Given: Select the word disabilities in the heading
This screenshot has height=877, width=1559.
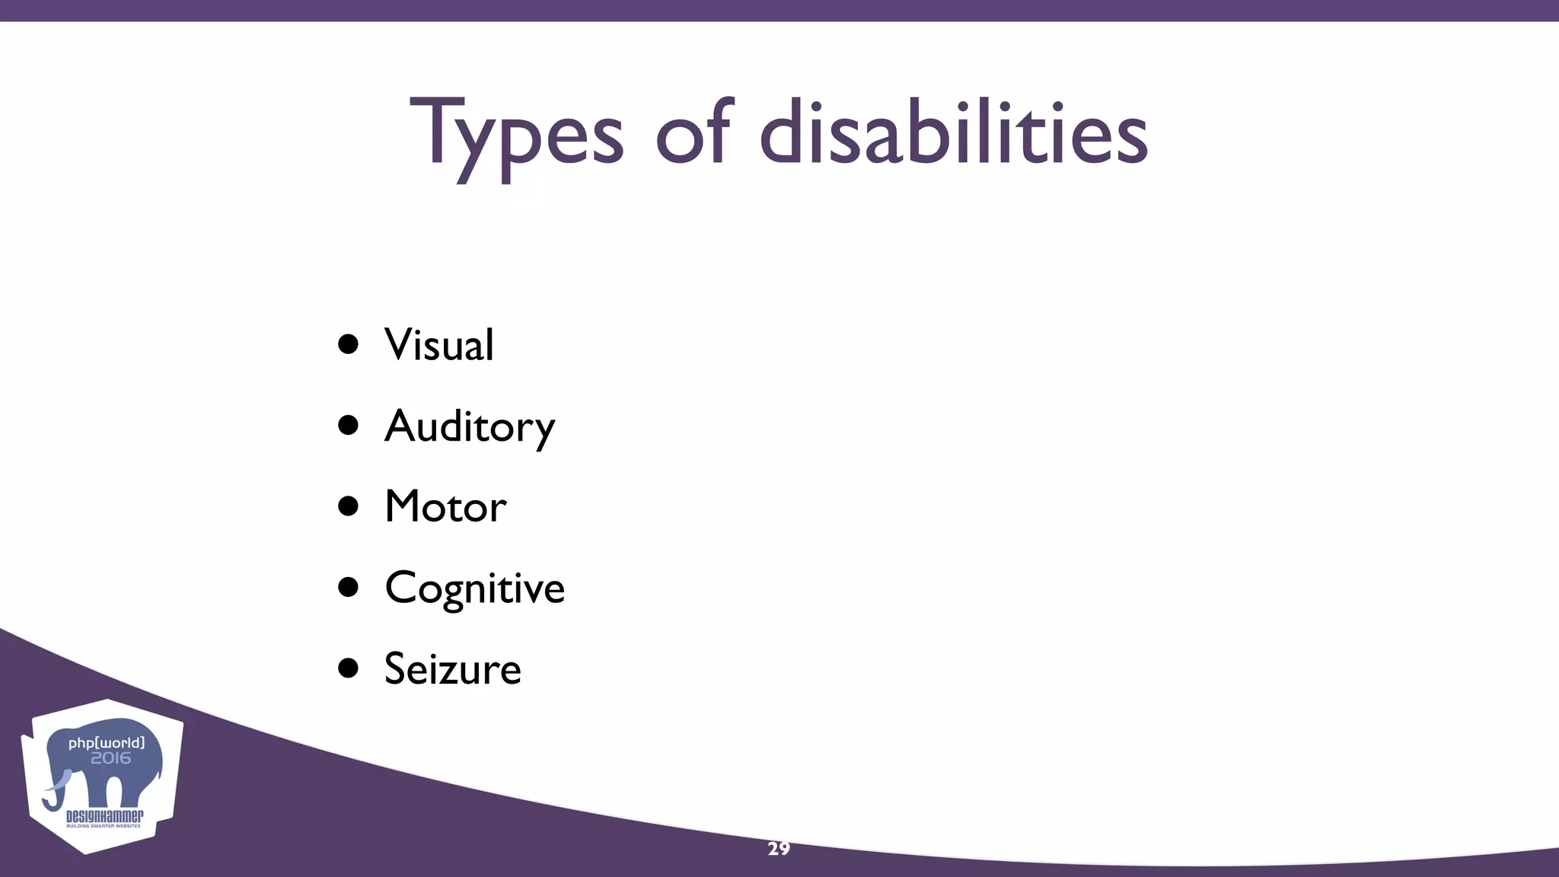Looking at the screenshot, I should pyautogui.click(x=953, y=132).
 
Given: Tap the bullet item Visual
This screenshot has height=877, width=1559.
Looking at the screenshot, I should pyautogui.click(x=439, y=345).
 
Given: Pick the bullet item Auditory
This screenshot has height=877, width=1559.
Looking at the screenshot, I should pyautogui.click(x=470, y=426).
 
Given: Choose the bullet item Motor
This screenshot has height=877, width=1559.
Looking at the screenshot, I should pyautogui.click(x=445, y=507).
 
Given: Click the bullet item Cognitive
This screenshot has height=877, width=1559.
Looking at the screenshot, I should pyautogui.click(x=474, y=588).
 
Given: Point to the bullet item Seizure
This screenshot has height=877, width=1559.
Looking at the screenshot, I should pyautogui.click(x=452, y=669).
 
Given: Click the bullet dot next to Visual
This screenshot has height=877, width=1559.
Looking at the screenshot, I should pyautogui.click(x=348, y=344).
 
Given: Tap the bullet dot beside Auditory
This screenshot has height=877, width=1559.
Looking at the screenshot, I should pyautogui.click(x=348, y=426).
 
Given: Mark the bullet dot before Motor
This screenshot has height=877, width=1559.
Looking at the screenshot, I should pyautogui.click(x=348, y=506).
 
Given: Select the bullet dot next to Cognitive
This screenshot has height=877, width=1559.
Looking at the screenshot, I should pyautogui.click(x=348, y=587).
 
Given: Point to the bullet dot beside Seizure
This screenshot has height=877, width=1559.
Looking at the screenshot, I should pyautogui.click(x=348, y=668).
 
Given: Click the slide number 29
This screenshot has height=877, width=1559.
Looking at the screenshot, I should pyautogui.click(x=779, y=849).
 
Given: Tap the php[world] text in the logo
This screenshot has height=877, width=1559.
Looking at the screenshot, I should pyautogui.click(x=107, y=742).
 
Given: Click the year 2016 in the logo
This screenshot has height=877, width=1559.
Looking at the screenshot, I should pyautogui.click(x=111, y=758).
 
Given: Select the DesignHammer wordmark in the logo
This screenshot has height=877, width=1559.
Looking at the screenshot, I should pyautogui.click(x=104, y=816).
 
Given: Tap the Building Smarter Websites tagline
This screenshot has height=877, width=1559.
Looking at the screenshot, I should pyautogui.click(x=104, y=826).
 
